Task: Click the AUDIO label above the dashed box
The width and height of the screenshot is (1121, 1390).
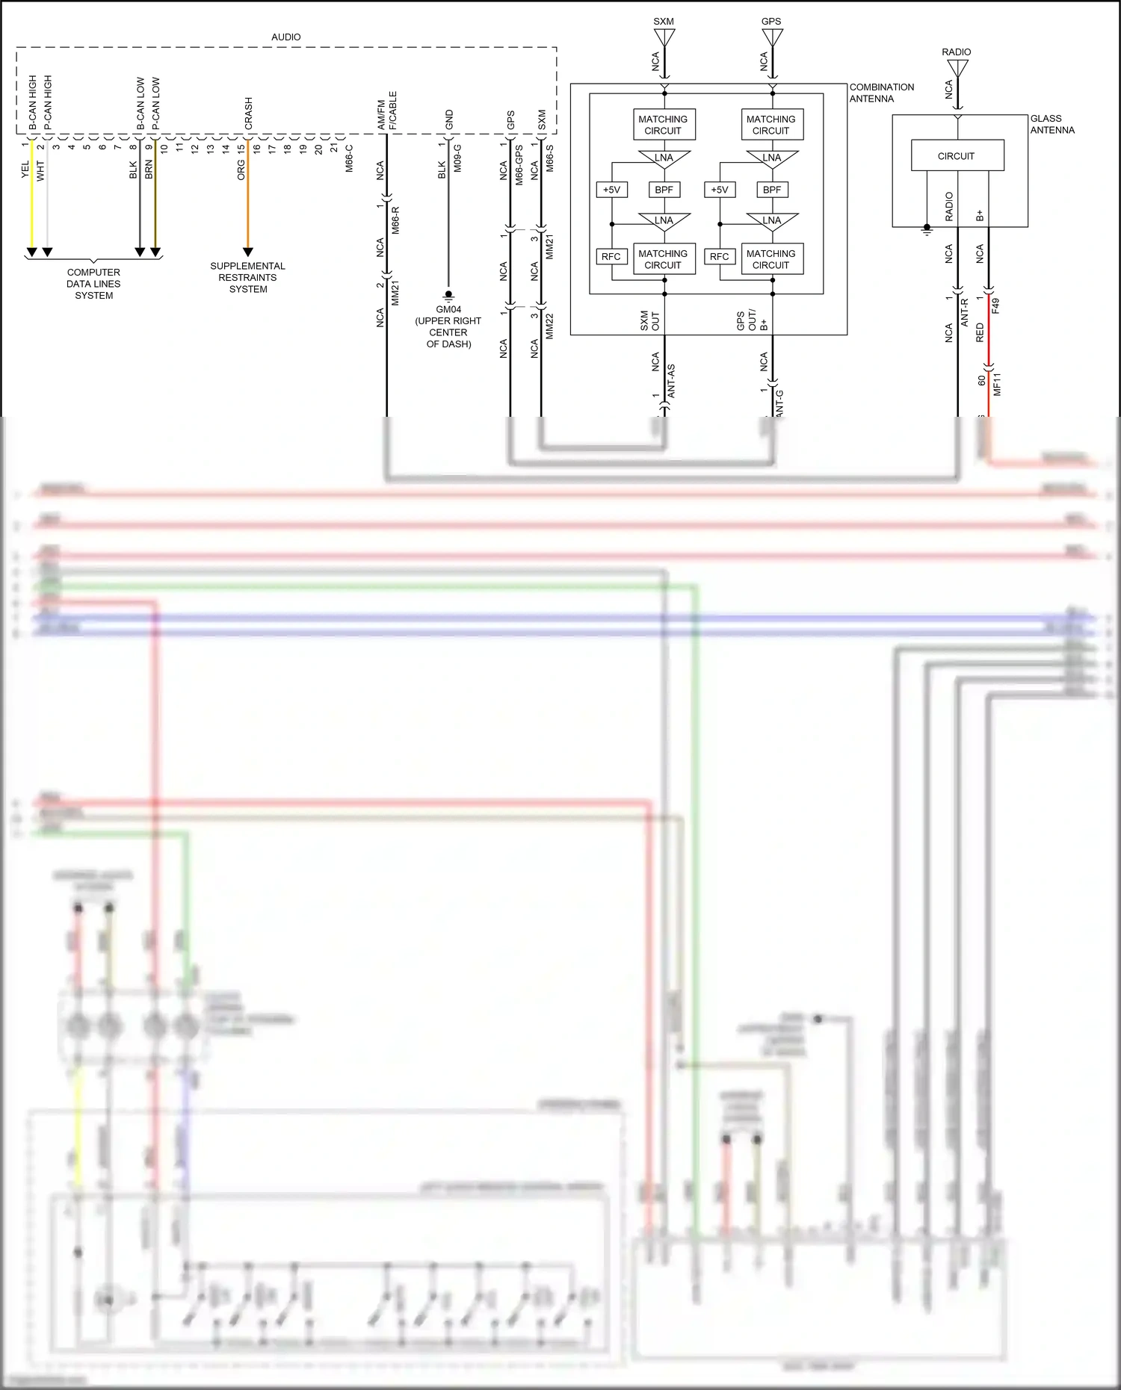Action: [x=285, y=37]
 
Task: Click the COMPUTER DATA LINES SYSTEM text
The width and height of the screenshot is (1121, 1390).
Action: [x=93, y=284]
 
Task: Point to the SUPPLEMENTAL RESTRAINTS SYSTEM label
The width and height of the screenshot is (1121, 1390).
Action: [x=247, y=277]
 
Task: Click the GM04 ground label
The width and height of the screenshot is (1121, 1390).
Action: [x=448, y=309]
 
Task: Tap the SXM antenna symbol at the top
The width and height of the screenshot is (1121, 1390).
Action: [x=664, y=37]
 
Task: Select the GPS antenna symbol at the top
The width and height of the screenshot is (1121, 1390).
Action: [x=772, y=37]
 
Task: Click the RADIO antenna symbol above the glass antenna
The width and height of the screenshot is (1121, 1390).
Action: [x=957, y=68]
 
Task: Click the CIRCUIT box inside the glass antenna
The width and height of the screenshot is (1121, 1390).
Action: [x=957, y=156]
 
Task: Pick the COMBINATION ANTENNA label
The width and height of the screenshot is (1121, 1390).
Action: [x=881, y=93]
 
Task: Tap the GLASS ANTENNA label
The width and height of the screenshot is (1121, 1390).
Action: [x=1051, y=124]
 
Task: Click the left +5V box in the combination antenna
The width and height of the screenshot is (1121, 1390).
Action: [x=611, y=190]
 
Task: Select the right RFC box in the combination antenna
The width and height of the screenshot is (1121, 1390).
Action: [x=719, y=256]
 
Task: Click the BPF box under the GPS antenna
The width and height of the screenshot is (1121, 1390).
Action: [x=771, y=190]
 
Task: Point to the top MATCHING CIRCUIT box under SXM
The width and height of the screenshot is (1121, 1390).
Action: [x=663, y=125]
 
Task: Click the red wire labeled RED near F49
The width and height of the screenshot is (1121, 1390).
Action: [x=988, y=332]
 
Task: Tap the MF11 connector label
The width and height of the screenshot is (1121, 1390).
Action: [x=997, y=384]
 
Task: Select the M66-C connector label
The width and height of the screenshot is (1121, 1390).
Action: [x=349, y=158]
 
